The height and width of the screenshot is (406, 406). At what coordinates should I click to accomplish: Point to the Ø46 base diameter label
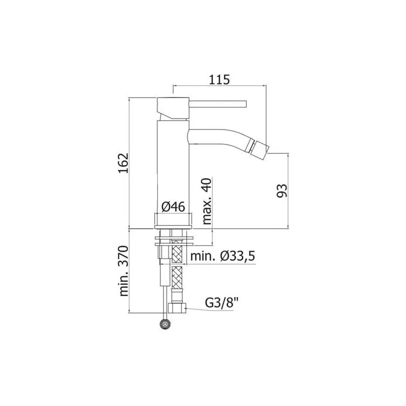coord(174,206)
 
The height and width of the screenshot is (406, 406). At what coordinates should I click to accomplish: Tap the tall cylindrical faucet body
coord(173,164)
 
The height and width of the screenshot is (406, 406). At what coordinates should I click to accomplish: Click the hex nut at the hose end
coord(178,308)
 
